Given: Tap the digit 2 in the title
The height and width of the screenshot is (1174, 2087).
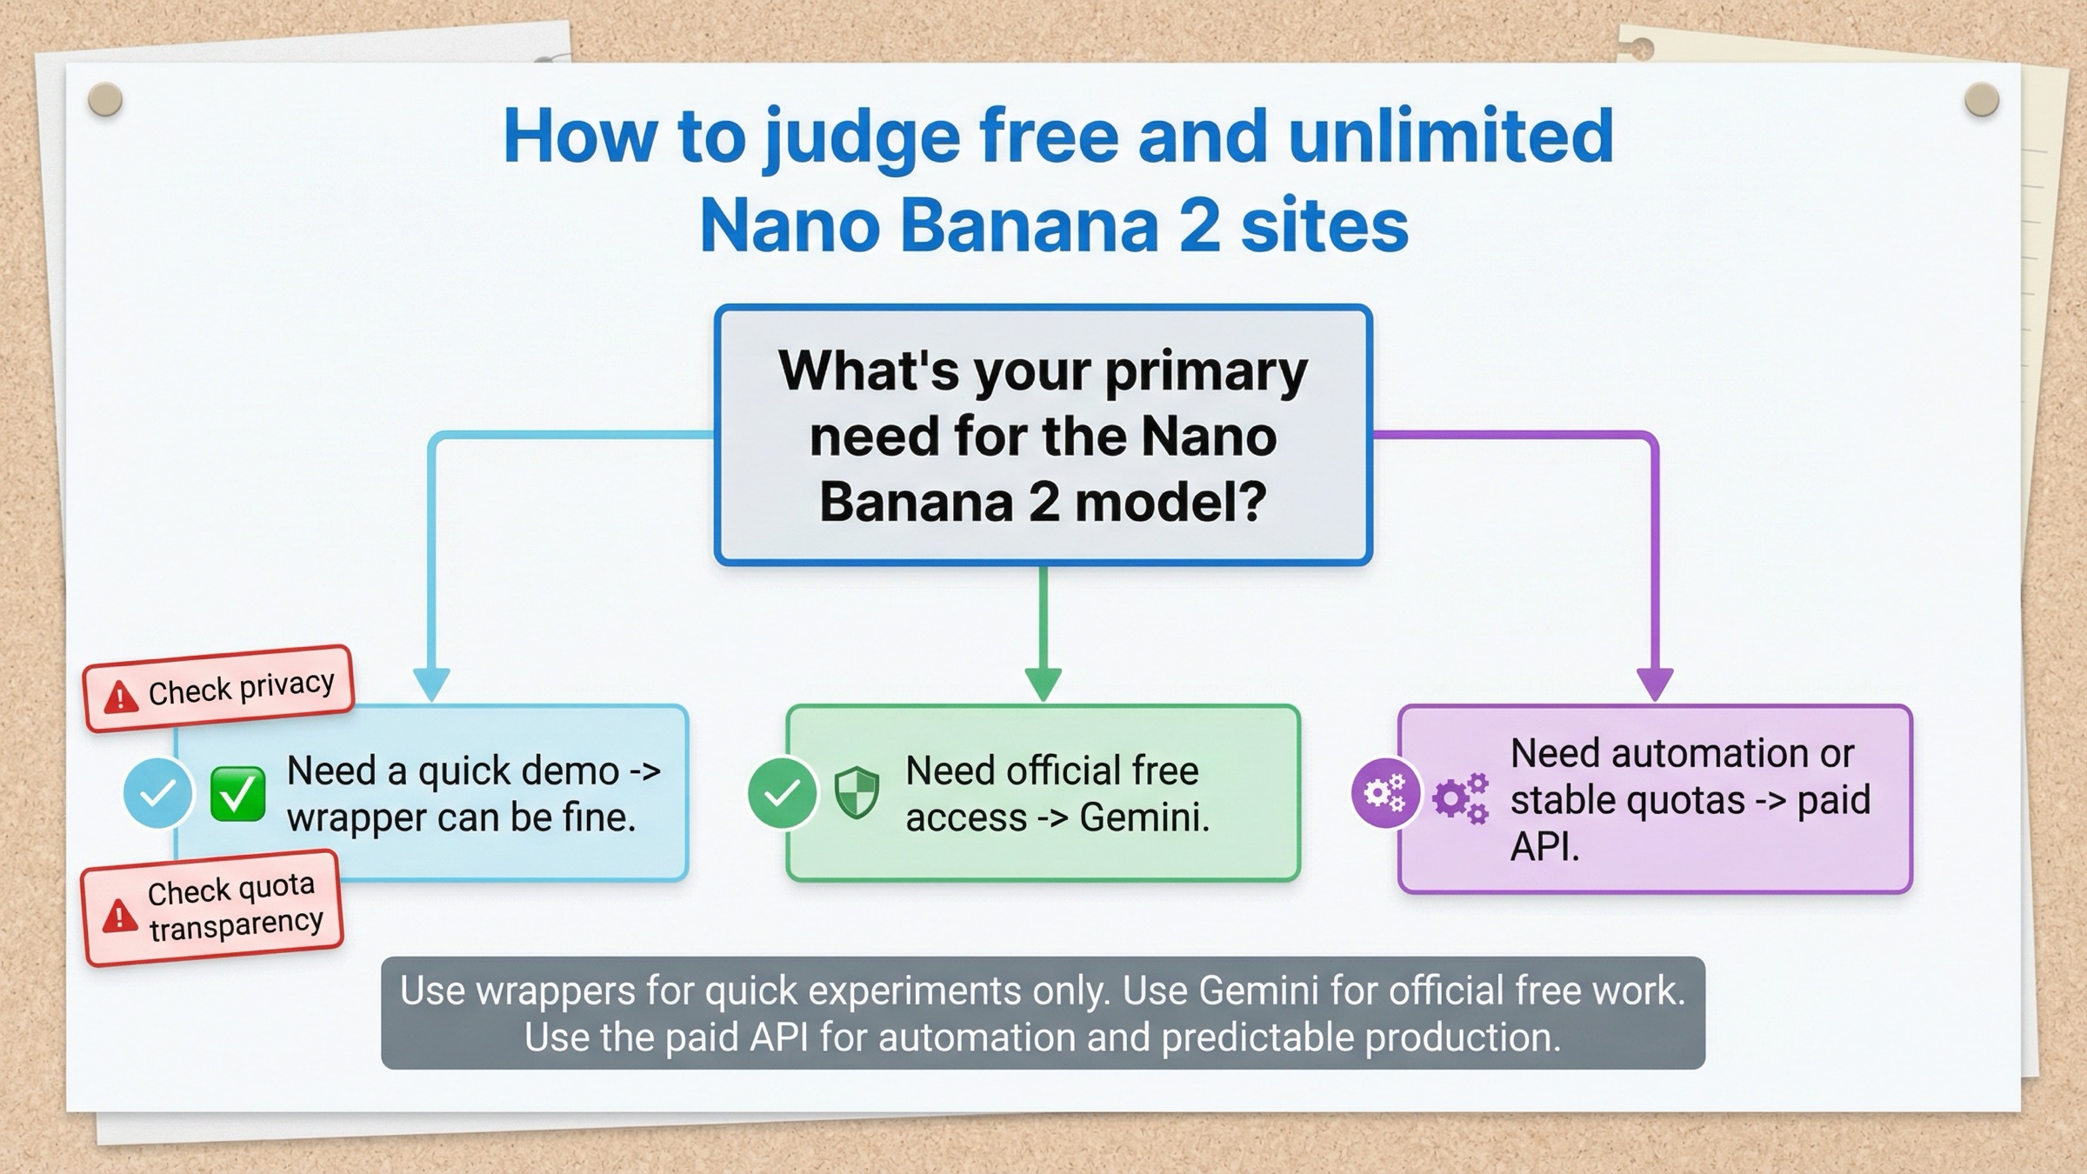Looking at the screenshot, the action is click(1200, 226).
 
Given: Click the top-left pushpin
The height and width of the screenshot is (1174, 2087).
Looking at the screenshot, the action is click(105, 100).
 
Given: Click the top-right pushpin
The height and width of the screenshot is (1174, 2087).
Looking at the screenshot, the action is click(1982, 100).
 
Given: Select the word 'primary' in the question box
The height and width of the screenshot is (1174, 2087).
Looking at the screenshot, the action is click(1206, 372).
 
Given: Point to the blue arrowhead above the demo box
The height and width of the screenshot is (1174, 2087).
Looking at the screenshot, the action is click(431, 684).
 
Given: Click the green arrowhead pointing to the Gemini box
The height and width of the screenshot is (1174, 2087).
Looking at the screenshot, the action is click(1043, 684).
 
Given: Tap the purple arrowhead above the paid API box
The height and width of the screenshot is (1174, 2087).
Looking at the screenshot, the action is click(1655, 684).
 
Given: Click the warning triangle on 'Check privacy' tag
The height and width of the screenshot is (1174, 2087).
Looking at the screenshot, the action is click(120, 697).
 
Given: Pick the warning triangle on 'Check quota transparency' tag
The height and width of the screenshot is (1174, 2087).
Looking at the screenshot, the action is click(119, 917).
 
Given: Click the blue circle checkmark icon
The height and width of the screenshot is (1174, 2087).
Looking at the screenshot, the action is click(157, 793).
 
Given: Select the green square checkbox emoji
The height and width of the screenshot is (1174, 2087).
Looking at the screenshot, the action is click(237, 793).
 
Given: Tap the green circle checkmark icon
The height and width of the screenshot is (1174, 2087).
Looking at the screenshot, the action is click(782, 793).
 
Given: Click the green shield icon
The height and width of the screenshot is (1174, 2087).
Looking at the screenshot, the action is click(857, 793).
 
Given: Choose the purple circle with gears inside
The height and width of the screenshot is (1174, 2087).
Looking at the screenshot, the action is click(1384, 793).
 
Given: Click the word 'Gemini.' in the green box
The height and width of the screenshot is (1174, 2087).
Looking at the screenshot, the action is click(1144, 818).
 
